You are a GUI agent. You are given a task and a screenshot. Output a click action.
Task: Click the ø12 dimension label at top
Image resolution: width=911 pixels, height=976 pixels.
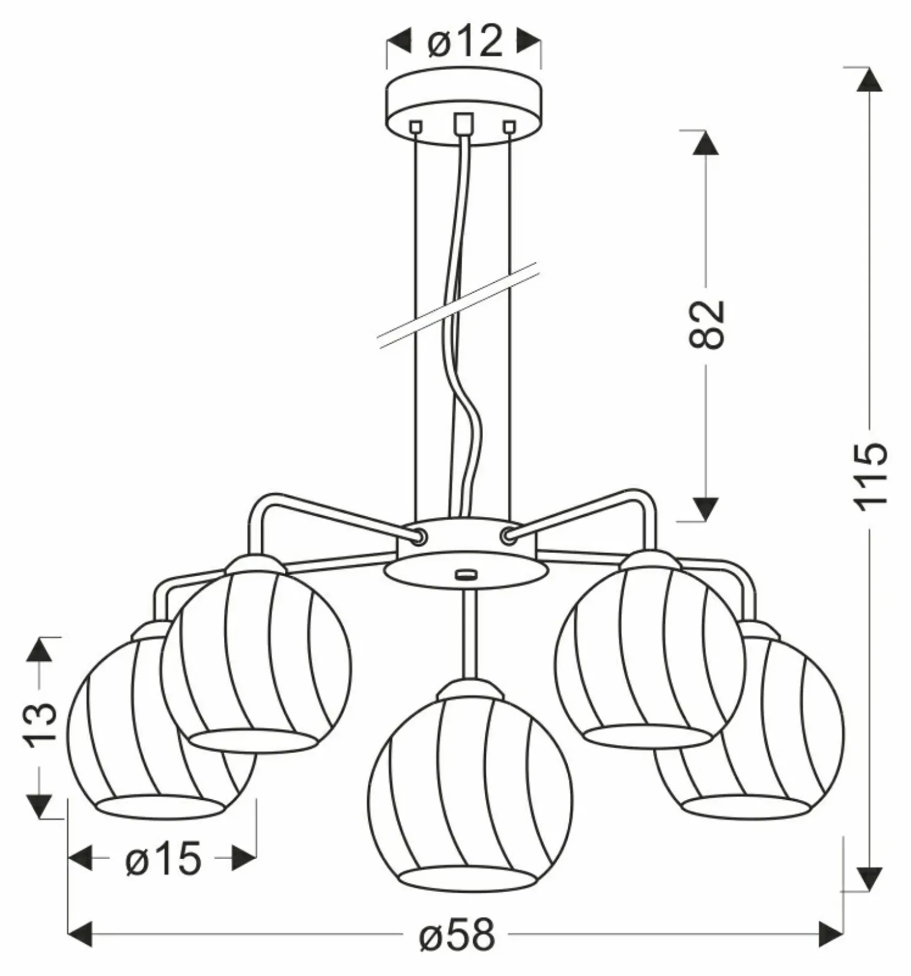464,43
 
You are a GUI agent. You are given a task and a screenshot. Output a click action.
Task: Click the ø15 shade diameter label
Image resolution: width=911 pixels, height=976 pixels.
163,859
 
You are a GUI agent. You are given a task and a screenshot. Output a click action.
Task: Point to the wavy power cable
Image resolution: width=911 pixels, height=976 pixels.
467,414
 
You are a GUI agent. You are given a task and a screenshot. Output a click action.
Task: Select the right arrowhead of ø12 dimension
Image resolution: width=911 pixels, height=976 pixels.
529,42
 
